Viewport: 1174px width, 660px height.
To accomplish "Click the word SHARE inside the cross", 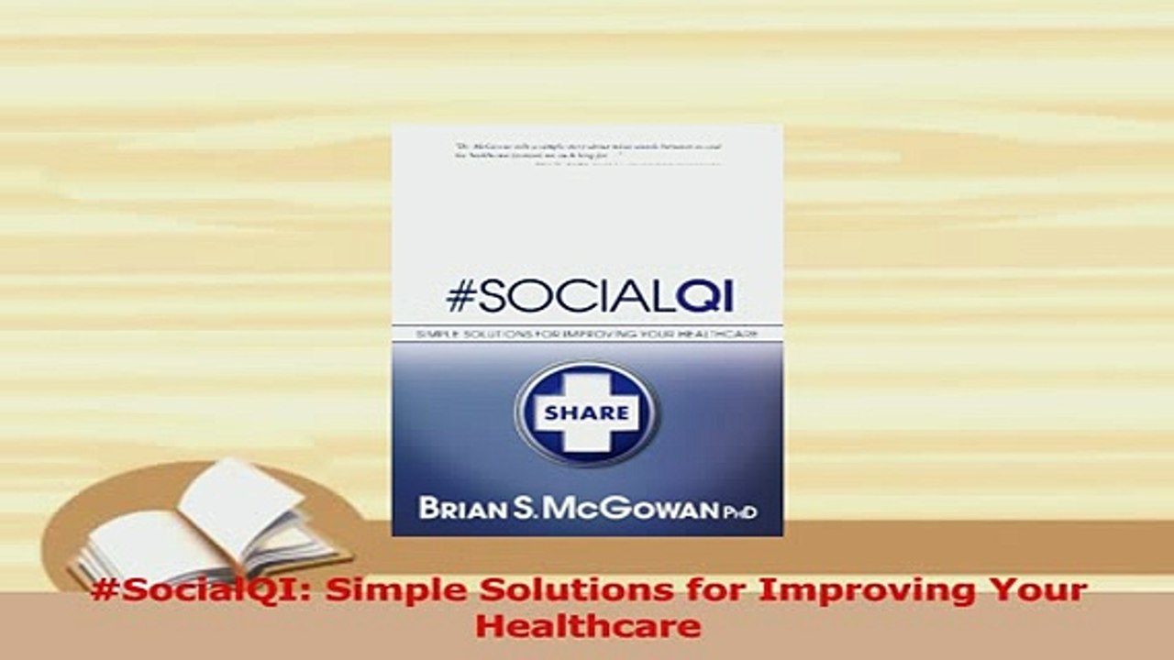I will [586, 412].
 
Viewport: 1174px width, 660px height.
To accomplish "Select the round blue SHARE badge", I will [586, 412].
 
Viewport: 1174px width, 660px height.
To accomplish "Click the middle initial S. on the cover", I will [521, 508].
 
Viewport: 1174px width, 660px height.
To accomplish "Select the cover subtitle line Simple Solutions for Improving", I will [587, 335].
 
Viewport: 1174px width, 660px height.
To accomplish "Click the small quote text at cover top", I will [587, 153].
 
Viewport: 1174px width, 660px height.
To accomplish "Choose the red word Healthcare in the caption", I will [587, 627].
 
